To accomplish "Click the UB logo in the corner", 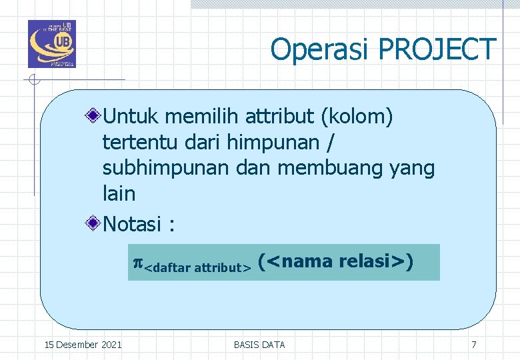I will (x=52, y=44).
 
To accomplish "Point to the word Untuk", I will (x=131, y=117).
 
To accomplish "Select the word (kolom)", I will (x=357, y=117).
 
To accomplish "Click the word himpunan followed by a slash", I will (x=273, y=143).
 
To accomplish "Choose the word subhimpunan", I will (x=167, y=169).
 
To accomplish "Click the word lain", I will (x=119, y=194).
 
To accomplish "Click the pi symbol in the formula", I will (x=138, y=262).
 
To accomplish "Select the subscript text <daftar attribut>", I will (x=197, y=268).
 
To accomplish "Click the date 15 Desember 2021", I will (x=83, y=345).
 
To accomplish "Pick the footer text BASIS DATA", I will (x=259, y=345).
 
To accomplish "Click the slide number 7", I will (x=473, y=345).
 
